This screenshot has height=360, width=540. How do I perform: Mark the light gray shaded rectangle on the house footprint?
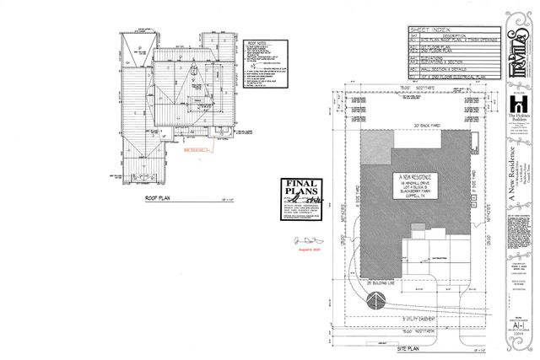click(377, 148)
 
